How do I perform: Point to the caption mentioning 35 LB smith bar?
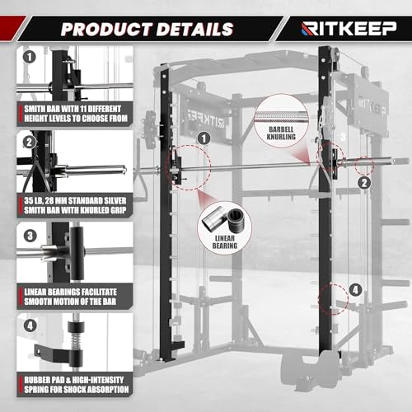pos(64,204)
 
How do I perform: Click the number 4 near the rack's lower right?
pos(355,289)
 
